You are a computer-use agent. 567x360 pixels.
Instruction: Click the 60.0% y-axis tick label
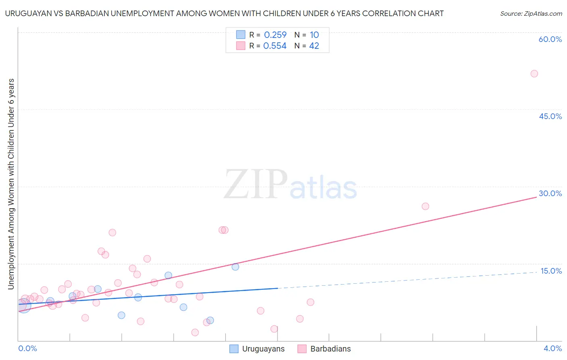(550, 39)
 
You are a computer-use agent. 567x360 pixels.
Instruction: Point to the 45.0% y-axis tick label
(550, 116)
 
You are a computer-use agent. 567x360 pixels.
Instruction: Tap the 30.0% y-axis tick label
(550, 193)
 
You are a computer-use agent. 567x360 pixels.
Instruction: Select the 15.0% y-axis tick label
(551, 271)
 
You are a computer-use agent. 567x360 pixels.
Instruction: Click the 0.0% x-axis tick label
(28, 348)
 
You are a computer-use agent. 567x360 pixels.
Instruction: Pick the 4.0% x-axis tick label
(552, 348)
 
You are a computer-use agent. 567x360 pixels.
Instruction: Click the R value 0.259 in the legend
(275, 35)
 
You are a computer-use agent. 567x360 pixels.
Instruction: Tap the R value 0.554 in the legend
(275, 46)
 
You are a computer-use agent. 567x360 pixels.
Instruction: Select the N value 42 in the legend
(314, 46)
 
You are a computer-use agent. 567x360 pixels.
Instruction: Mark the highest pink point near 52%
(534, 73)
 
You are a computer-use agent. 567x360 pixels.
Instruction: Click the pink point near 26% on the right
(425, 206)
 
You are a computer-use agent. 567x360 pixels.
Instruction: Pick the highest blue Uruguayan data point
(236, 267)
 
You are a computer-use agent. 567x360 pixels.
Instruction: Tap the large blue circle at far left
(24, 306)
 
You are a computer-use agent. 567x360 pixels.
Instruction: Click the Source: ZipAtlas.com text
(531, 14)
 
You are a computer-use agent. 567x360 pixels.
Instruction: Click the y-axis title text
(11, 184)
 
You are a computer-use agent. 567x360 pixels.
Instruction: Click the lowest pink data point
(195, 333)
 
